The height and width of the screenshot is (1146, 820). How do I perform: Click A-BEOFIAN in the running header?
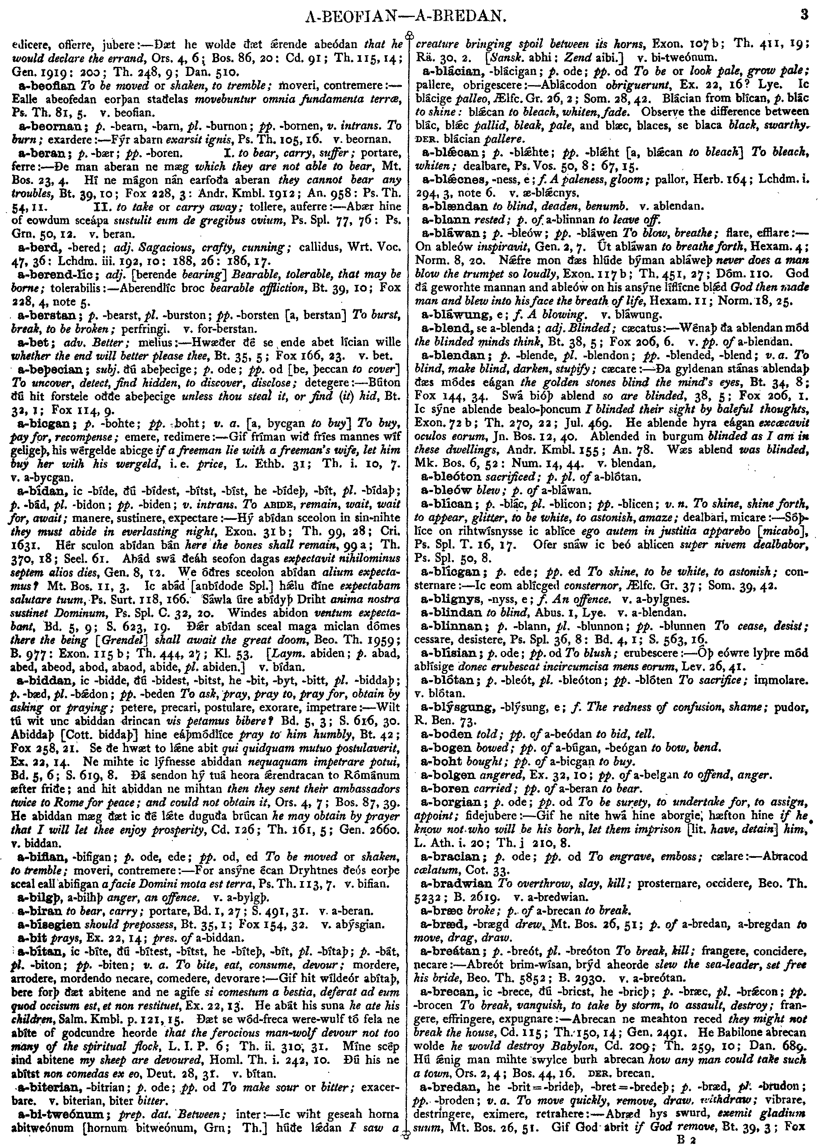[348, 18]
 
